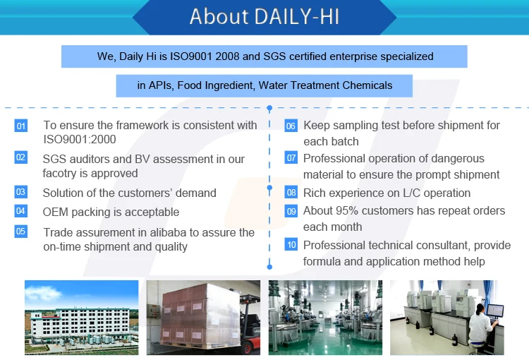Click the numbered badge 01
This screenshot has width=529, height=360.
(x=21, y=126)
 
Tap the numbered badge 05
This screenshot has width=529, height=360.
(x=21, y=232)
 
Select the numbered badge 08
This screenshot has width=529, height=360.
(x=291, y=193)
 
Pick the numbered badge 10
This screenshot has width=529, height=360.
(x=291, y=244)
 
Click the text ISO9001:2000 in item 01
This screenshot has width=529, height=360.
(x=80, y=139)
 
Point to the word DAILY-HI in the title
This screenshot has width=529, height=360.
(x=297, y=16)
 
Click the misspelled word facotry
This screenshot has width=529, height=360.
(x=59, y=173)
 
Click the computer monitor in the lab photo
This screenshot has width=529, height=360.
(x=495, y=311)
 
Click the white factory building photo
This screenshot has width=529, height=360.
(x=81, y=318)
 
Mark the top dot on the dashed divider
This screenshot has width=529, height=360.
(x=269, y=108)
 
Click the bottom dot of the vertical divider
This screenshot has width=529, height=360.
(x=269, y=267)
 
